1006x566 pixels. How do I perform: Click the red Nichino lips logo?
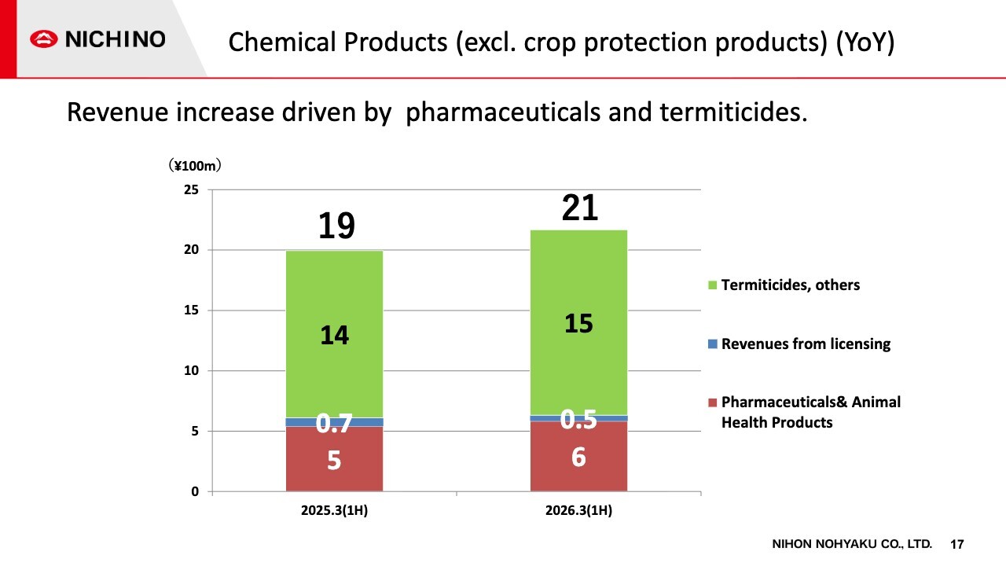tap(43, 39)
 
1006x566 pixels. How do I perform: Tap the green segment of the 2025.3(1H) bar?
tap(335, 334)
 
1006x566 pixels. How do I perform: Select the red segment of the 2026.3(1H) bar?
tap(579, 456)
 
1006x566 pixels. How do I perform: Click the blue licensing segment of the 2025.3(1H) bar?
tap(335, 422)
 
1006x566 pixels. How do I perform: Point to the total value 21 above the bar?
tap(580, 208)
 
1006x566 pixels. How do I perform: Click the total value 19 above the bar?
tap(336, 226)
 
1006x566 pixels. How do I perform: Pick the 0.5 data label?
tap(578, 420)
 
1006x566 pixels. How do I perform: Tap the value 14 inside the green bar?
tap(335, 335)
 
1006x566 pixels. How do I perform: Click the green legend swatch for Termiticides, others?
tap(712, 285)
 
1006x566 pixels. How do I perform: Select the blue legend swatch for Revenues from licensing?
tap(712, 344)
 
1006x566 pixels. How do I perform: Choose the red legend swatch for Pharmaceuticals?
tap(712, 402)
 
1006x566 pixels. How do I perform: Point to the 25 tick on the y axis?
tap(191, 189)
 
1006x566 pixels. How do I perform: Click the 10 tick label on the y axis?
tap(191, 370)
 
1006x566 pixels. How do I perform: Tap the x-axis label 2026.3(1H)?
tap(579, 510)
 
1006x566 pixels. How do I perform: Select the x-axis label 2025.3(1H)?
tap(335, 510)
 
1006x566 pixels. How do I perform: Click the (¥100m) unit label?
tap(195, 166)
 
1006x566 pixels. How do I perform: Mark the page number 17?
tap(957, 545)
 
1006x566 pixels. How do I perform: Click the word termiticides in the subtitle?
tap(733, 112)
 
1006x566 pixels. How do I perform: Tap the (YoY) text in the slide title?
tap(865, 42)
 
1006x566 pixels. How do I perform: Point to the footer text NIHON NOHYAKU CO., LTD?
tap(852, 544)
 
